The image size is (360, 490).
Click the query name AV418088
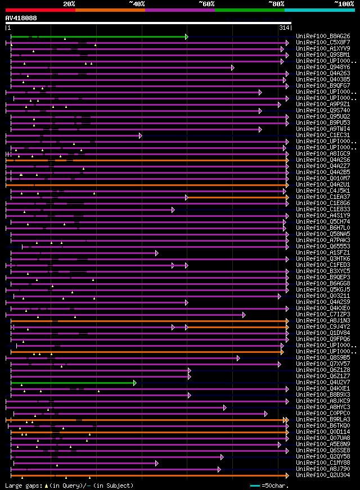tap(21, 18)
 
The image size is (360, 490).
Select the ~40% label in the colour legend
tap(137, 4)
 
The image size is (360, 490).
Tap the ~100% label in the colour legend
tap(344, 4)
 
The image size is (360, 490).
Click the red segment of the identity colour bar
tap(40, 10)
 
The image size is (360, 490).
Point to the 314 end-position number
tap(284, 28)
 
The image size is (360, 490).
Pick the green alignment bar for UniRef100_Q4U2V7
tap(73, 383)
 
